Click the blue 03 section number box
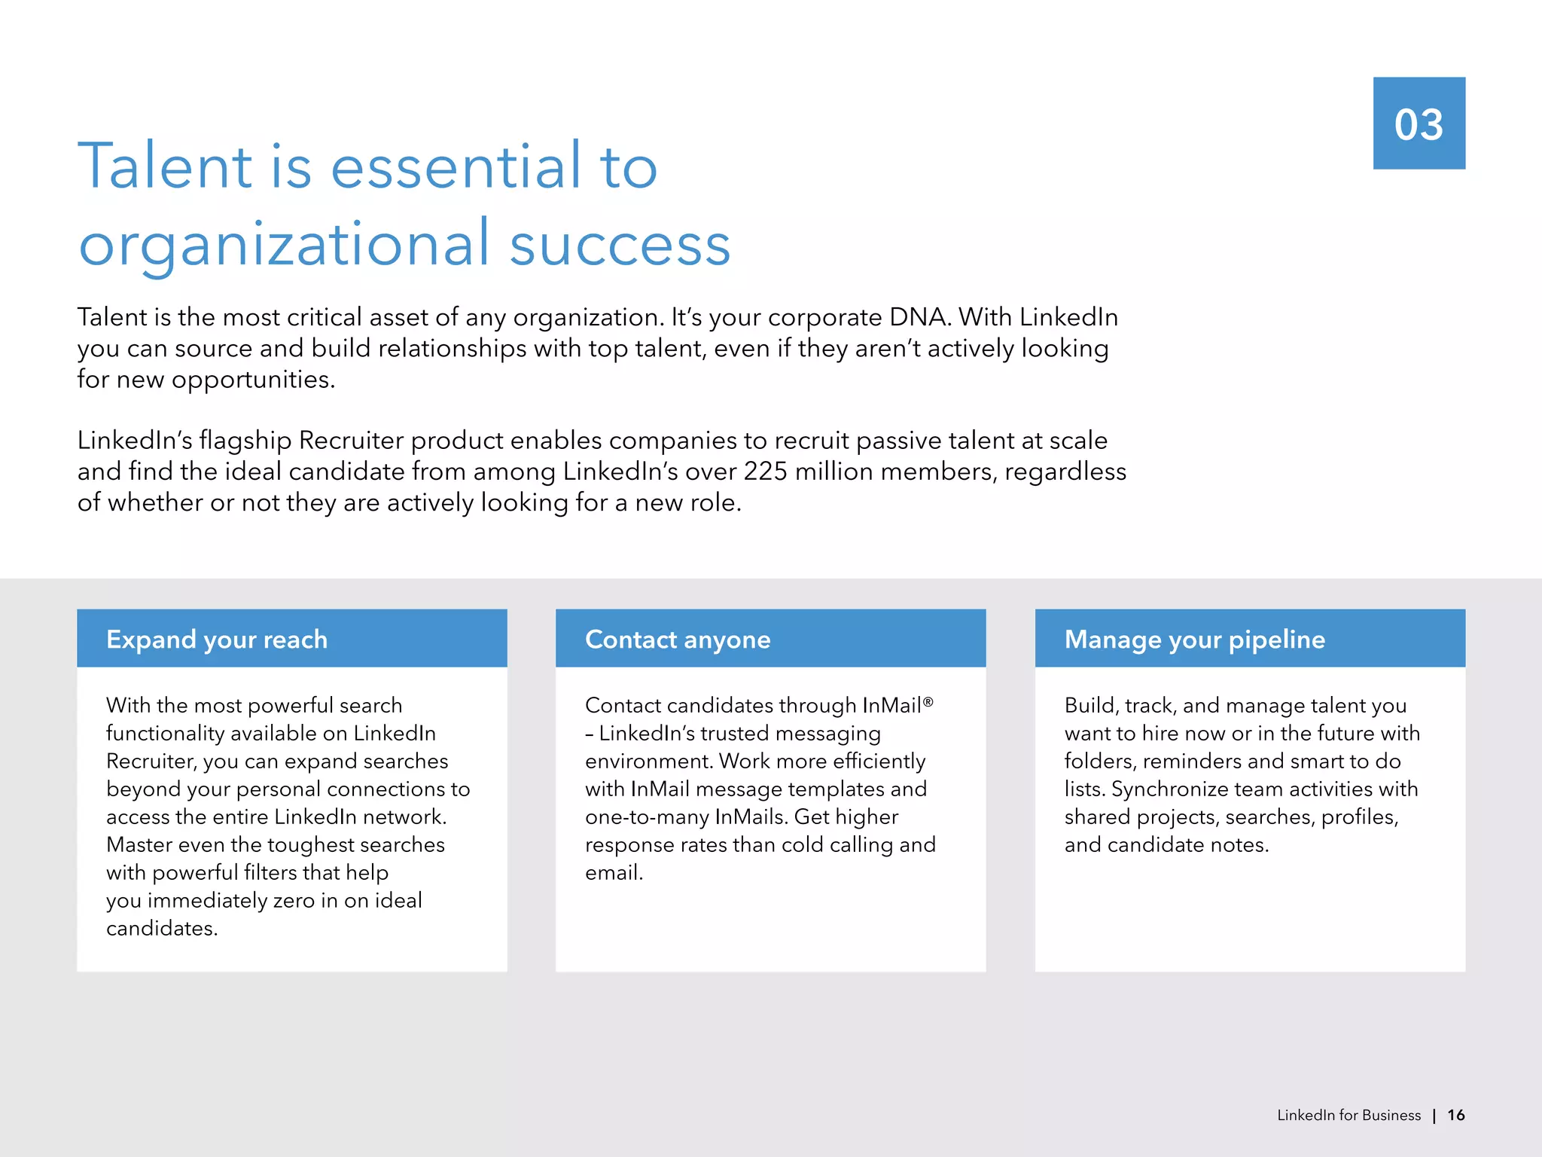click(1419, 123)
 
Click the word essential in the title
click(456, 166)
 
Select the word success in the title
click(620, 246)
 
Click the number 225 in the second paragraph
click(765, 472)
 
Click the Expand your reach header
click(217, 640)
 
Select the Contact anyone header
click(678, 640)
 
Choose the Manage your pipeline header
click(1194, 640)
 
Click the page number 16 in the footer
click(1455, 1116)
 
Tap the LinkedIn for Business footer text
click(1348, 1116)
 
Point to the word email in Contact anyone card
click(612, 873)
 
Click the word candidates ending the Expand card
click(160, 929)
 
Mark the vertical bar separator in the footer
click(1434, 1116)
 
